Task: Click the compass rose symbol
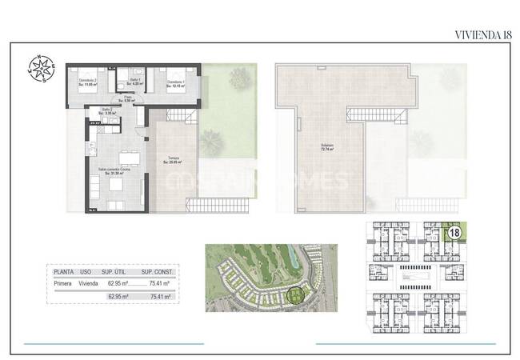click(41, 68)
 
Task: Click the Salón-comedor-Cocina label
click(114, 170)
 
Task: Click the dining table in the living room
click(127, 155)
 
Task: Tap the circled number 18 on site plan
click(454, 233)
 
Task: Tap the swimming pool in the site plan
click(416, 280)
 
